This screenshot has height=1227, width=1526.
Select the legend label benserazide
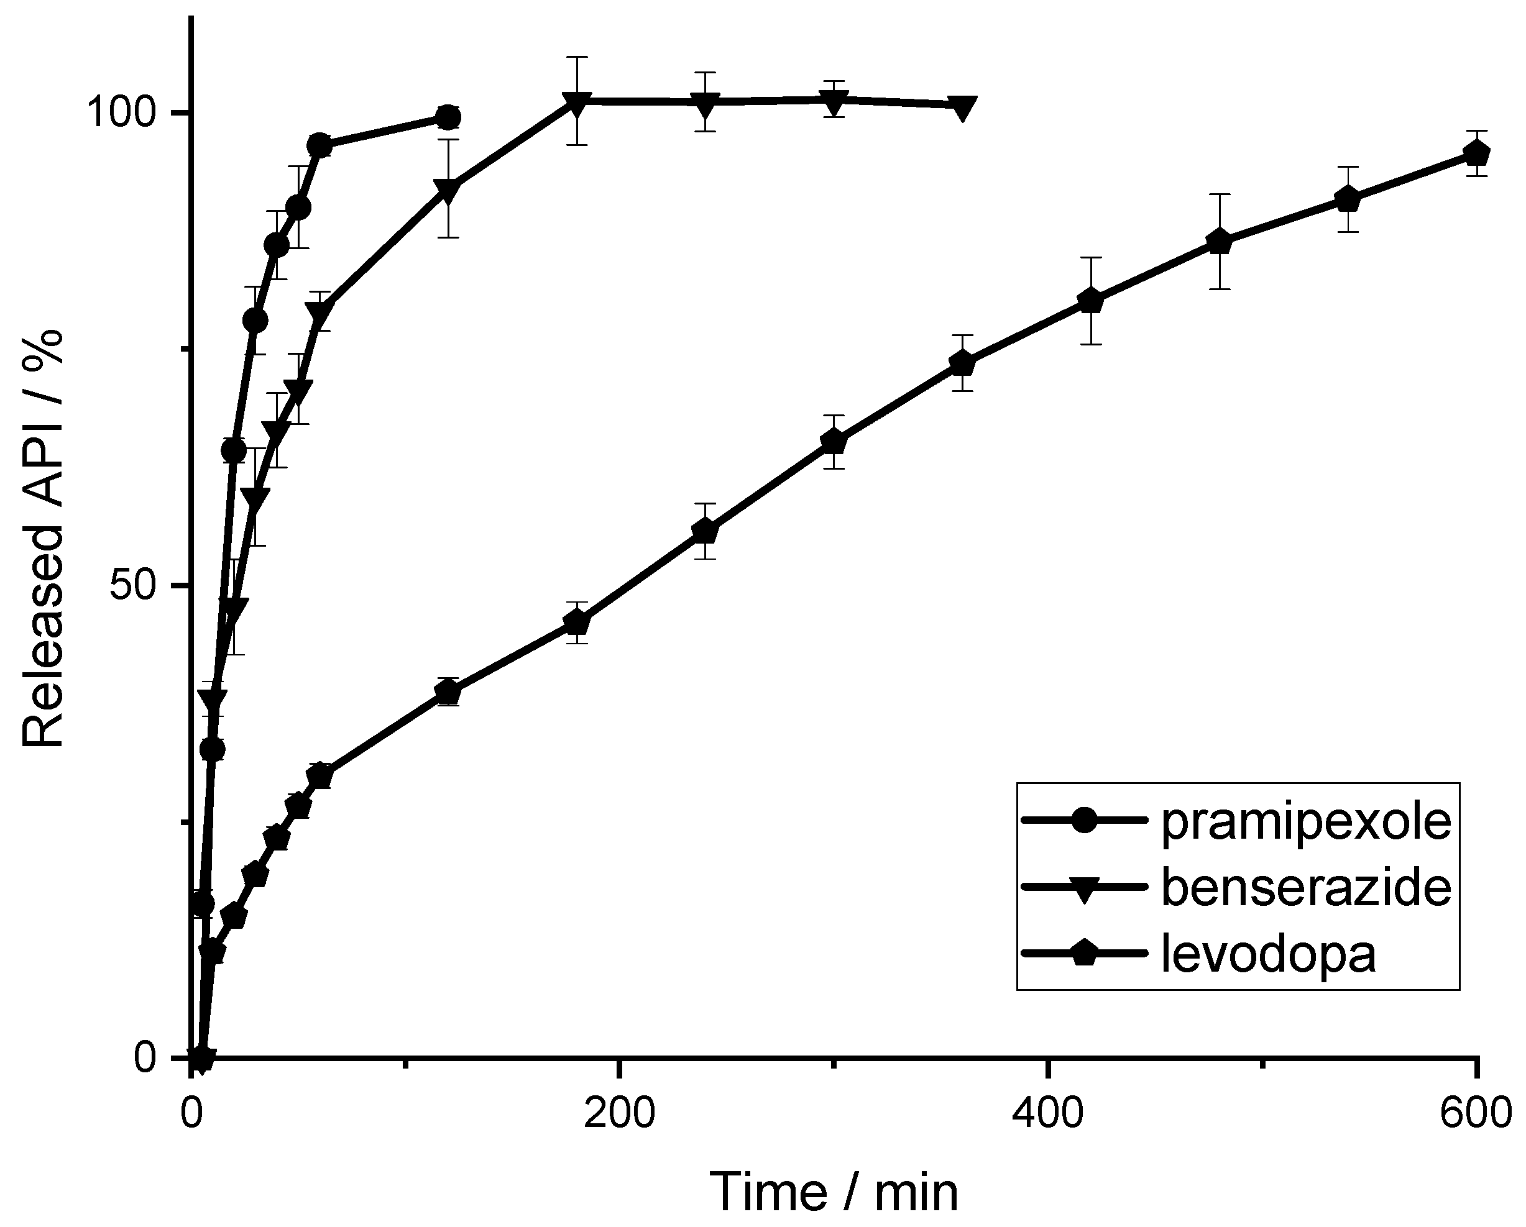[1307, 888]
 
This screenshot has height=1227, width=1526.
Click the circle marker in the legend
[1083, 821]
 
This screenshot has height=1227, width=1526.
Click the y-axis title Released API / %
[44, 538]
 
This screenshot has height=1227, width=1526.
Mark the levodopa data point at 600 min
[1476, 153]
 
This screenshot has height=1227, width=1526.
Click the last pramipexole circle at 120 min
[448, 117]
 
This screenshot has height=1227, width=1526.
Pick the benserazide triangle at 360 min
[962, 107]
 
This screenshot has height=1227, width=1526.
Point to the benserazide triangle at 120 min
[448, 189]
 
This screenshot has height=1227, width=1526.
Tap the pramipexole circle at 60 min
[320, 146]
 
